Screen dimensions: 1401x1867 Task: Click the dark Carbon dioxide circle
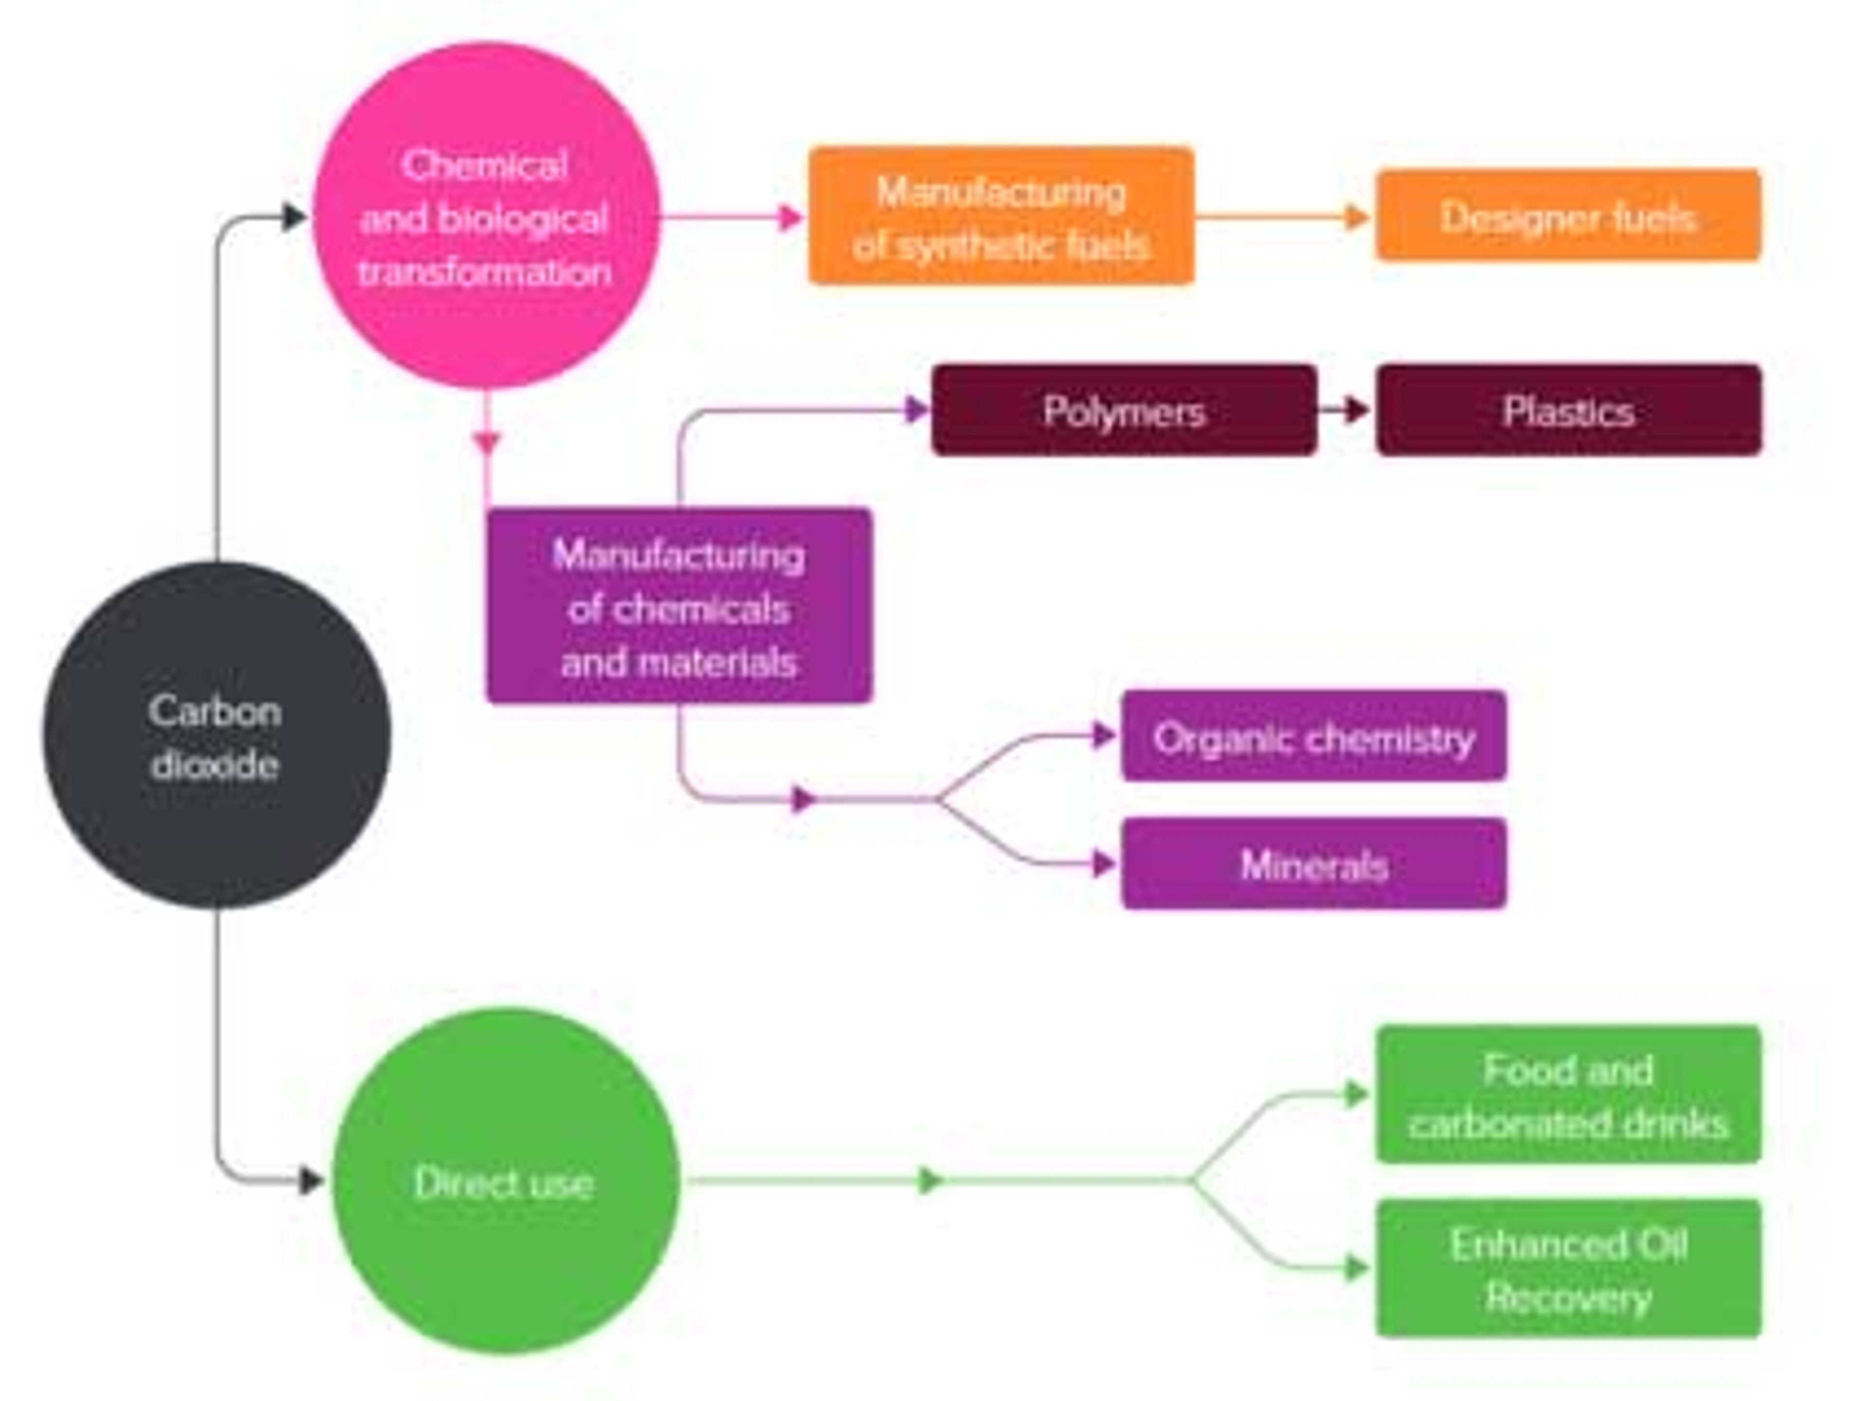click(x=217, y=734)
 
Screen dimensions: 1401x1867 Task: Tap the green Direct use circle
click(x=505, y=1182)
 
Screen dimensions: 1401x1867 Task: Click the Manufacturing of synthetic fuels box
click(x=1001, y=216)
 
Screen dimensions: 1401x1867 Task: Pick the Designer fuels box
click(x=1568, y=216)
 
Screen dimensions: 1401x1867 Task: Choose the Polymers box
click(x=1124, y=411)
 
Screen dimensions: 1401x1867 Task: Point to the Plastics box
click(x=1568, y=411)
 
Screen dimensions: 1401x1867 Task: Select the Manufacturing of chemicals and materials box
click(x=679, y=605)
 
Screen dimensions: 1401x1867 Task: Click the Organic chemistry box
click(x=1313, y=736)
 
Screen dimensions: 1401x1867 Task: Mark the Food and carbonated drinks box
click(x=1568, y=1095)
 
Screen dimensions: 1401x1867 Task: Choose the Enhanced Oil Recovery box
click(x=1568, y=1268)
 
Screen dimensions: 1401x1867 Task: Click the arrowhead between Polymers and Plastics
click(x=1356, y=411)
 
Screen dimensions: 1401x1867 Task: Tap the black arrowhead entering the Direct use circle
click(x=312, y=1181)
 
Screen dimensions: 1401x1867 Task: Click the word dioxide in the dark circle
click(x=215, y=765)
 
